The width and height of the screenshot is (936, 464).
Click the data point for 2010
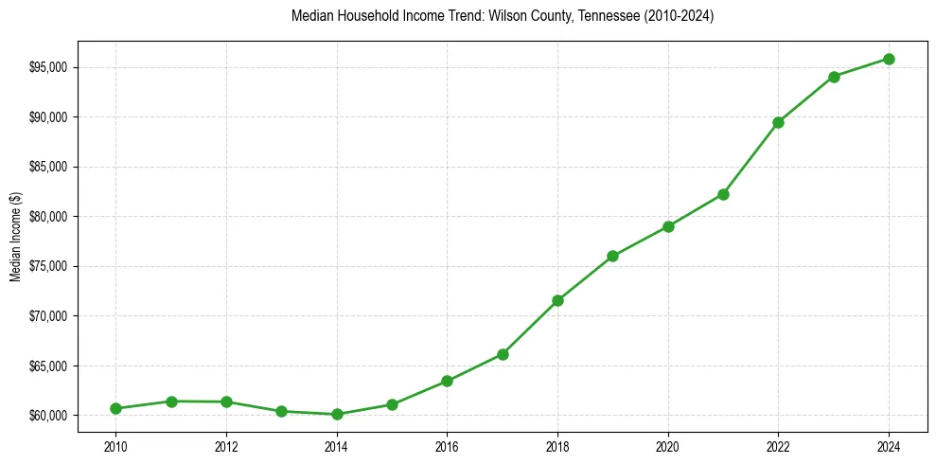tap(115, 408)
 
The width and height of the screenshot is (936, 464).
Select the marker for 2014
tap(337, 414)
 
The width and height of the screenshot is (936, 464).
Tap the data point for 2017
tap(503, 354)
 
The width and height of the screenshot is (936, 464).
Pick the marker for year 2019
tap(612, 256)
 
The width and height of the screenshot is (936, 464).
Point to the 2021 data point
tap(723, 194)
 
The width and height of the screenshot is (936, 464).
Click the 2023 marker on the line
tap(834, 77)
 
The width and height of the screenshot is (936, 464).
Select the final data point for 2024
tap(889, 59)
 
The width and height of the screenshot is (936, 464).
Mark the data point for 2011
tap(171, 402)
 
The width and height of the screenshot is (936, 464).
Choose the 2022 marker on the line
tap(778, 122)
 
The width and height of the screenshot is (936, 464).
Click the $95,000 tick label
tap(47, 67)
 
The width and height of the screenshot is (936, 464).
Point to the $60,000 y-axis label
tap(47, 416)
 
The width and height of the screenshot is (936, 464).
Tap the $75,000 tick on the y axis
tap(47, 266)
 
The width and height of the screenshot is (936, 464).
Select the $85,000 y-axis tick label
tap(47, 167)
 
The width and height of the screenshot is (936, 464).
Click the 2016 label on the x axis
tap(447, 444)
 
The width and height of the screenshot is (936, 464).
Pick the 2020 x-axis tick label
tap(668, 444)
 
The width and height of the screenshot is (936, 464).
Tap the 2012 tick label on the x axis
tap(226, 444)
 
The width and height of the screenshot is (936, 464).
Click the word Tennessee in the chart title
tap(593, 16)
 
